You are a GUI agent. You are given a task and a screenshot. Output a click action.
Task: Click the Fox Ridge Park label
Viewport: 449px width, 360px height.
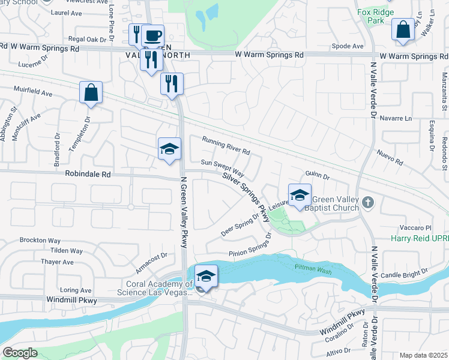[375, 16]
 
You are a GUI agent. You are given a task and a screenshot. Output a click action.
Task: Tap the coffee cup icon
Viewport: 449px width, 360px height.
[152, 35]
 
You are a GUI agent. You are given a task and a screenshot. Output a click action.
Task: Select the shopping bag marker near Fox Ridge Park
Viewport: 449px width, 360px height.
[402, 30]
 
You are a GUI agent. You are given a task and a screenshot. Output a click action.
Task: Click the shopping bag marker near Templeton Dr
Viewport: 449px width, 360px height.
[91, 93]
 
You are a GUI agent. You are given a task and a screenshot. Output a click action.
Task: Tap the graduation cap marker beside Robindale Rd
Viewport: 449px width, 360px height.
[169, 149]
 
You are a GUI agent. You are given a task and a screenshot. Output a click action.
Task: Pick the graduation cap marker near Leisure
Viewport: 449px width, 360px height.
[300, 195]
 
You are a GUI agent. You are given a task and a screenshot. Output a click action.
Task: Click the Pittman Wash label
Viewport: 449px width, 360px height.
[312, 266]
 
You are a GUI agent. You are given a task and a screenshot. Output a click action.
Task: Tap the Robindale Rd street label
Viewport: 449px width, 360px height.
[88, 175]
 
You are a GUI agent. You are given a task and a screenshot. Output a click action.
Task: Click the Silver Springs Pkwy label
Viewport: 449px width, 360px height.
[246, 196]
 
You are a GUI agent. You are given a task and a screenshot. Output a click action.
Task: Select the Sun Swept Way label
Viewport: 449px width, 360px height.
[223, 167]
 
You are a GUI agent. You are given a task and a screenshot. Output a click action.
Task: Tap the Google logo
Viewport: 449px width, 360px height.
[20, 352]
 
